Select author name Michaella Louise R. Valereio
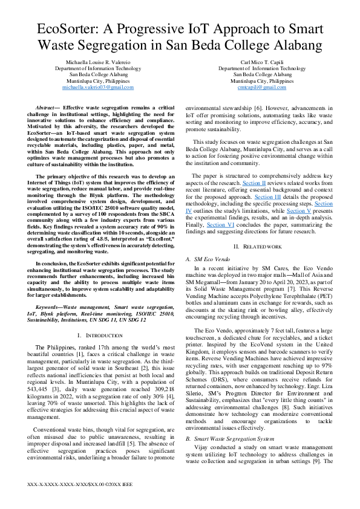coord(97,62)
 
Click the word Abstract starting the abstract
coord(47,106)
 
